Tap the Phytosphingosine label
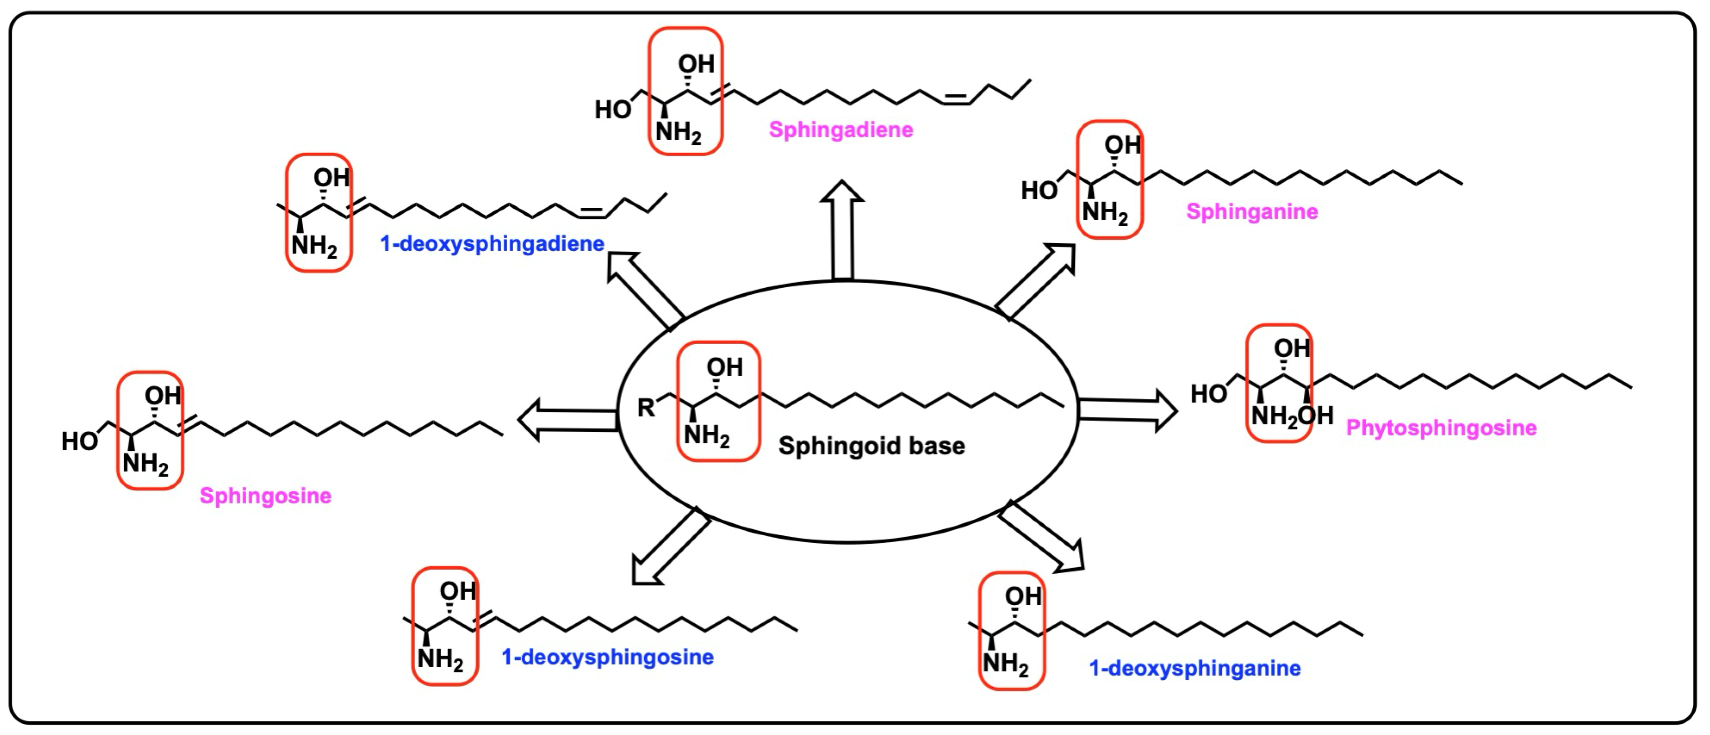tap(1441, 427)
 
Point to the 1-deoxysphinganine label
tap(1195, 668)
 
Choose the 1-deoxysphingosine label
tap(607, 657)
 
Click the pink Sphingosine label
tap(266, 496)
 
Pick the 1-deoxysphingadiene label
tap(492, 244)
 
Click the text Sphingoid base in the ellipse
tap(872, 446)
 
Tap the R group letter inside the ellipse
tap(645, 408)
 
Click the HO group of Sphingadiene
tap(612, 110)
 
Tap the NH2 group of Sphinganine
tap(1104, 213)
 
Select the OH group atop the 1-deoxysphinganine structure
tap(1023, 596)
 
